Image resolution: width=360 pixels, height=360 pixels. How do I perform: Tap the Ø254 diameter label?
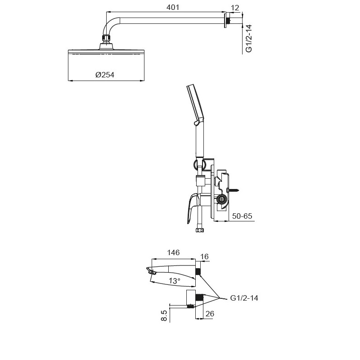[105, 75]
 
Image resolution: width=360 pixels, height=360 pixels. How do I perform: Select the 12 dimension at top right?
[235, 8]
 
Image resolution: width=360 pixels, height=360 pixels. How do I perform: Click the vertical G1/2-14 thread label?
[248, 39]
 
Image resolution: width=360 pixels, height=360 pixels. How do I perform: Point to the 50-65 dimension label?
[242, 216]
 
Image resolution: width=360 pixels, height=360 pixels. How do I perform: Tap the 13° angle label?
[174, 280]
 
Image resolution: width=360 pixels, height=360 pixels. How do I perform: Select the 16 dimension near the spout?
[205, 256]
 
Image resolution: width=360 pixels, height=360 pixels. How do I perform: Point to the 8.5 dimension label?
[164, 315]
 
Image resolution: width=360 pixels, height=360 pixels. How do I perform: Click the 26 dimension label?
[209, 314]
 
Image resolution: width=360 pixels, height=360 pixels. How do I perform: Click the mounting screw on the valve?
[234, 190]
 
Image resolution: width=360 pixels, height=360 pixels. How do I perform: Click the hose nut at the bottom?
[200, 230]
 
